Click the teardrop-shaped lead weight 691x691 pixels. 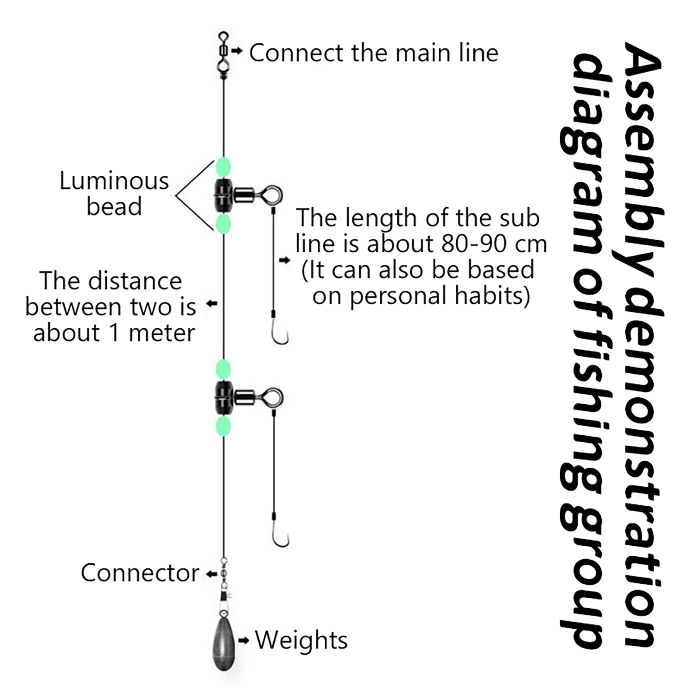224,643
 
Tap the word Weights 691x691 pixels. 301,640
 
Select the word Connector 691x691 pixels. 140,573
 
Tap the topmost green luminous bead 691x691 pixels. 223,167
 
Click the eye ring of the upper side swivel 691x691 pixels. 273,195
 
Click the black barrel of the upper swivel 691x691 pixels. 223,196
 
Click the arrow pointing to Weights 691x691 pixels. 244,640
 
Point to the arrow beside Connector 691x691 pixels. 211,574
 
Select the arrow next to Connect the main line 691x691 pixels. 237,51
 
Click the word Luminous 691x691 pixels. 114,181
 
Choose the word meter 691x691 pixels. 162,333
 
